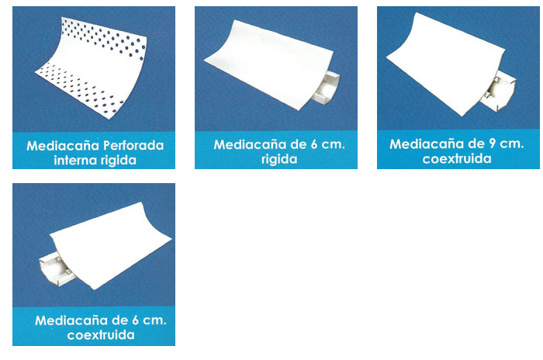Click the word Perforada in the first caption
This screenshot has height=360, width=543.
(x=133, y=146)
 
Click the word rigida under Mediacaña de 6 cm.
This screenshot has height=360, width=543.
(x=279, y=159)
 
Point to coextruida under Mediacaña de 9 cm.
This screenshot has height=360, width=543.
(x=457, y=159)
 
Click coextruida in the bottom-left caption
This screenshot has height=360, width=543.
(x=101, y=335)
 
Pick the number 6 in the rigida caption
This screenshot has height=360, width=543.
(x=314, y=144)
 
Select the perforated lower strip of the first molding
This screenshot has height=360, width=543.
(x=80, y=88)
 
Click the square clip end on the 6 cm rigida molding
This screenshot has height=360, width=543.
(x=327, y=88)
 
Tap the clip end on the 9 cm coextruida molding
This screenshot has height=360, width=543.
(x=499, y=91)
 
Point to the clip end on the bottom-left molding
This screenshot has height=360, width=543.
(x=55, y=269)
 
